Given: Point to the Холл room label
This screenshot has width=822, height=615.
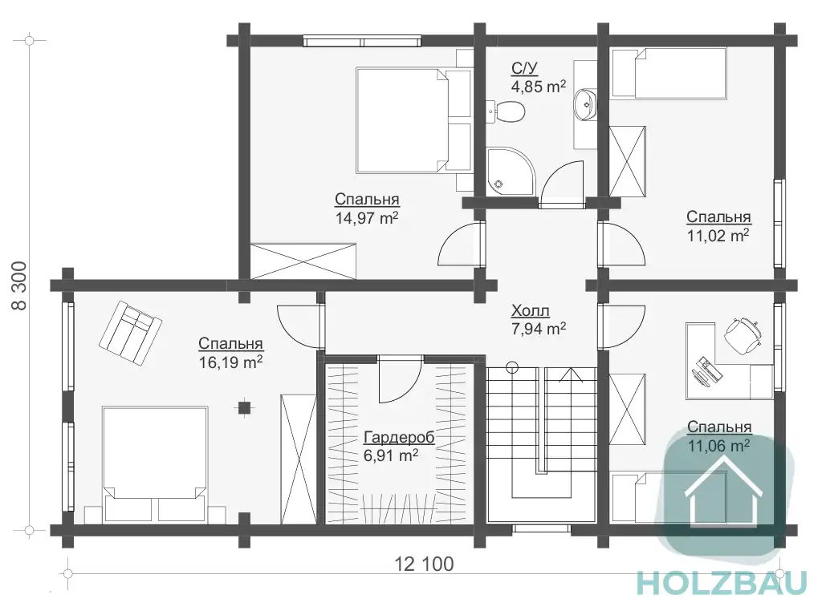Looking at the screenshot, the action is (530, 310).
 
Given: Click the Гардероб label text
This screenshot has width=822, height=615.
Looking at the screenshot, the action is (399, 437).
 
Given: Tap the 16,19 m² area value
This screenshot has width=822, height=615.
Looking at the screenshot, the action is (230, 362).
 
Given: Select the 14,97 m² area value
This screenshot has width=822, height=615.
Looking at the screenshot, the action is (367, 217).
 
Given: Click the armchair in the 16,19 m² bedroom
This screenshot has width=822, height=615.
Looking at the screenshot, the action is (130, 332).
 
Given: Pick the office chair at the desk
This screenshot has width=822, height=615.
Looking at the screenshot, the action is (743, 334).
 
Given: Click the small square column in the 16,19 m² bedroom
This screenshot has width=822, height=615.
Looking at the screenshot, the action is (244, 407).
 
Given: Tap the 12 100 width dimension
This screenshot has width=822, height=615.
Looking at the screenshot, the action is (424, 564).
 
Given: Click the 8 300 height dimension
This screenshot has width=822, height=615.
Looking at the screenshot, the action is (19, 285).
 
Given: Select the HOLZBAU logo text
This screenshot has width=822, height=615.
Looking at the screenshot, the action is (722, 583).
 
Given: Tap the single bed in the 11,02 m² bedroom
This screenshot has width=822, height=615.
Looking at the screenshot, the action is (669, 73).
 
